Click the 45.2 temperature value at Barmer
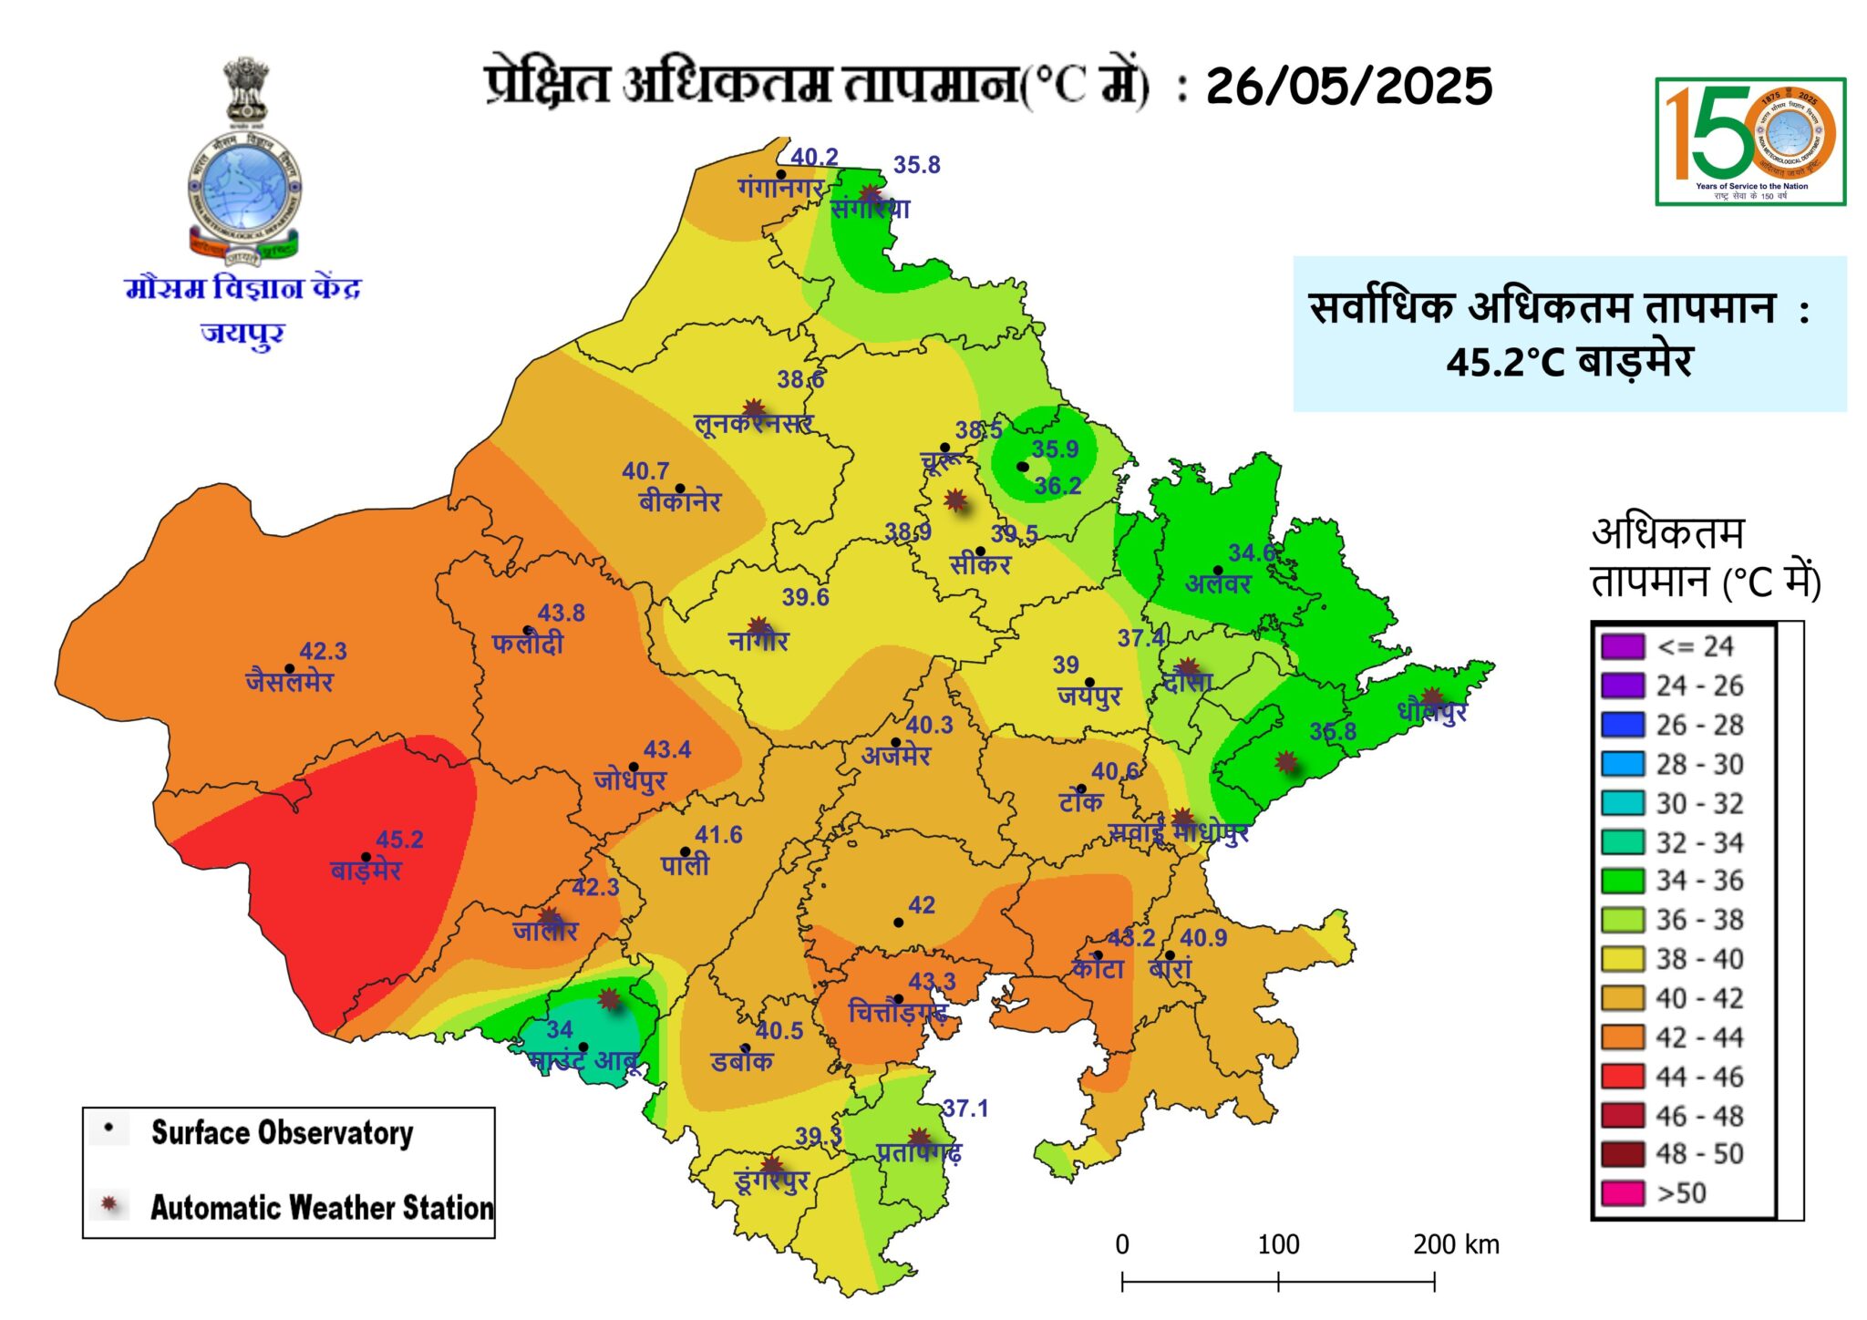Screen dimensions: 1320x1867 coord(399,839)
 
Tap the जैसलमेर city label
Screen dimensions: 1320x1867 coord(289,682)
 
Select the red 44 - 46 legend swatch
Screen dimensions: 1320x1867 coord(1622,1076)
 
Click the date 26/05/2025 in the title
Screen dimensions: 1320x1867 coord(1348,87)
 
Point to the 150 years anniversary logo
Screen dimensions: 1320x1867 coord(1749,141)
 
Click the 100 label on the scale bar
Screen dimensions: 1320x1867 coord(1277,1244)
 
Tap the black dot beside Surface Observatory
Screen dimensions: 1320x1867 coord(109,1129)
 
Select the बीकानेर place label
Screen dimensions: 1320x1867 coord(680,501)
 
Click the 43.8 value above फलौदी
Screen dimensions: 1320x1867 coord(561,613)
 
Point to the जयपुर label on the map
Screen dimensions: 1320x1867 coord(1088,696)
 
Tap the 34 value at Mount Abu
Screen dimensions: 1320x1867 coord(559,1030)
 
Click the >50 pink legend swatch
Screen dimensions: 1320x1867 coord(1622,1192)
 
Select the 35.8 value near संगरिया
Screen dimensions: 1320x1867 coord(916,165)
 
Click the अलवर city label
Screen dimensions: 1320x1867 coord(1217,584)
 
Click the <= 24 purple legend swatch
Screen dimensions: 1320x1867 coord(1622,646)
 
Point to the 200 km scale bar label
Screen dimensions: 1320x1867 coord(1455,1244)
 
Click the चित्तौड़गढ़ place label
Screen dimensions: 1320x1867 coord(897,1012)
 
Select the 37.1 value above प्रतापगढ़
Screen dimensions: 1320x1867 coord(964,1109)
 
